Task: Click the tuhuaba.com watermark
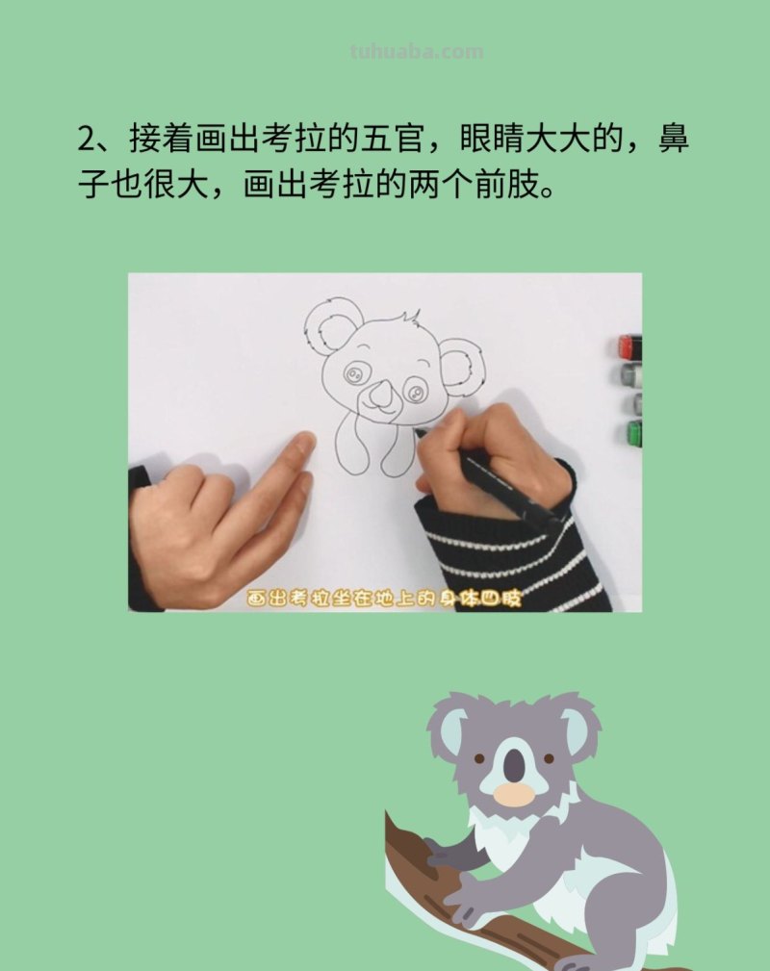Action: click(x=417, y=52)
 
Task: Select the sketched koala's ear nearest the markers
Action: click(x=462, y=369)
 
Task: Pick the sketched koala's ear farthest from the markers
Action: click(x=332, y=325)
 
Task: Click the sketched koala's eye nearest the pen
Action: click(x=415, y=390)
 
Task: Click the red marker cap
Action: click(x=629, y=346)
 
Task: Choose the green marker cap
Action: click(x=634, y=432)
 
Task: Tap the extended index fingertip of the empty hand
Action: click(x=302, y=444)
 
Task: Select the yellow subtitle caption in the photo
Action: click(x=383, y=598)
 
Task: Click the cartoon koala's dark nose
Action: click(x=516, y=765)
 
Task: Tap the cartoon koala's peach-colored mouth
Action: click(x=514, y=794)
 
